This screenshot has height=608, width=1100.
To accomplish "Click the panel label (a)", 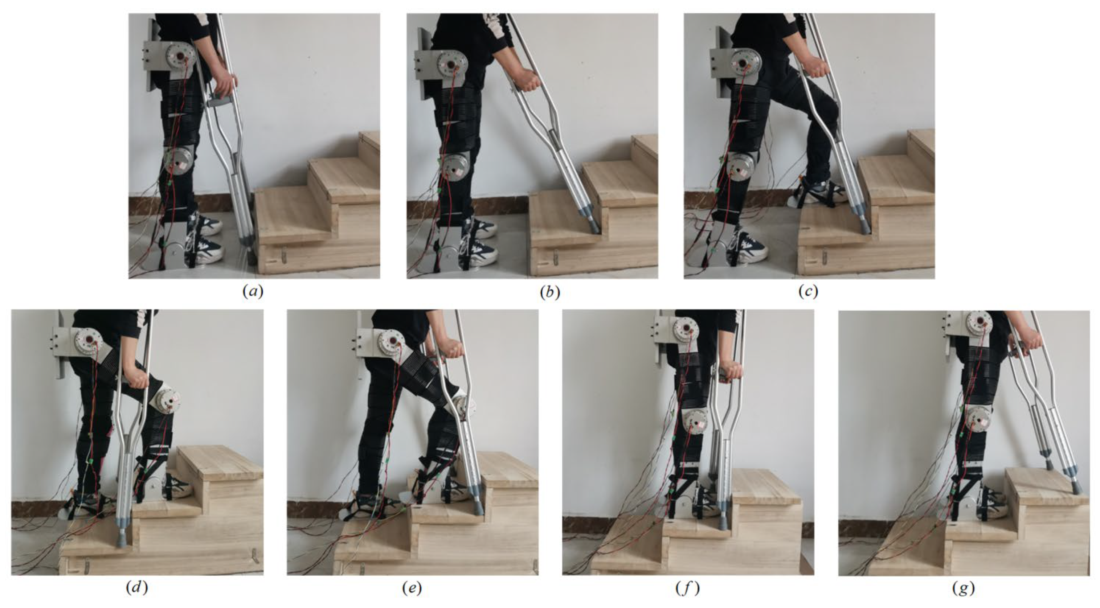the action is (x=253, y=292).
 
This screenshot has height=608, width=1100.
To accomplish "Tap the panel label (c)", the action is (x=808, y=292).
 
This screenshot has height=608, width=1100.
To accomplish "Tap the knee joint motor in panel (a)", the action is (x=180, y=163).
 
